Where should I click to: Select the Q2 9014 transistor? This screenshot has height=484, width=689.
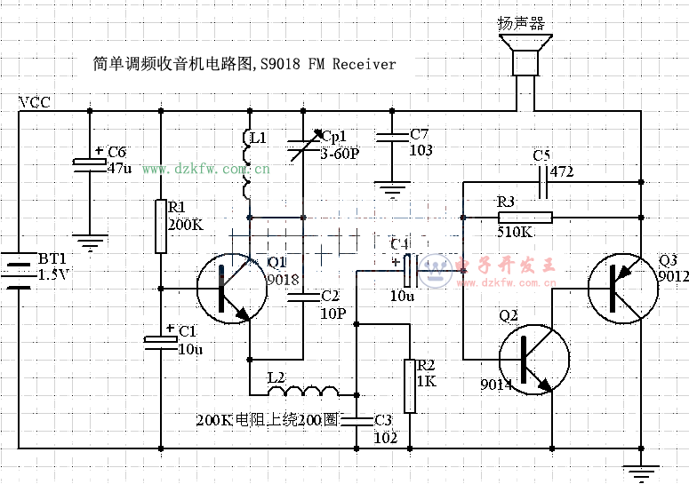[x=534, y=359]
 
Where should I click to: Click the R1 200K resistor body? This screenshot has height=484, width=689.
[x=161, y=226]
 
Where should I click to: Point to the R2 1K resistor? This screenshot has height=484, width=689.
[x=410, y=386]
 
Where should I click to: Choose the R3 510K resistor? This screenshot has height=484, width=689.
[x=525, y=218]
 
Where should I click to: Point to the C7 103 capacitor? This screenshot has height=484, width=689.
[x=391, y=138]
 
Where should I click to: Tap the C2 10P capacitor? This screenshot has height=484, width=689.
[x=303, y=297]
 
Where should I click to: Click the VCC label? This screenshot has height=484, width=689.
[x=35, y=103]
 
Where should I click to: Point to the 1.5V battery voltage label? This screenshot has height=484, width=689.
[x=52, y=275]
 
